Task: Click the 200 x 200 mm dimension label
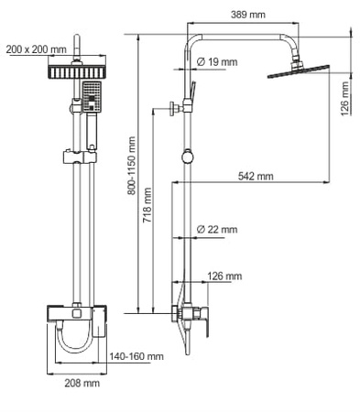click(34, 49)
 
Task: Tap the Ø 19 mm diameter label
click(218, 62)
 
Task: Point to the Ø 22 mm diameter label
click(217, 229)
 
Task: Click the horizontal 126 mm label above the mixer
click(224, 276)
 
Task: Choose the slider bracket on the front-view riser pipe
click(78, 155)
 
